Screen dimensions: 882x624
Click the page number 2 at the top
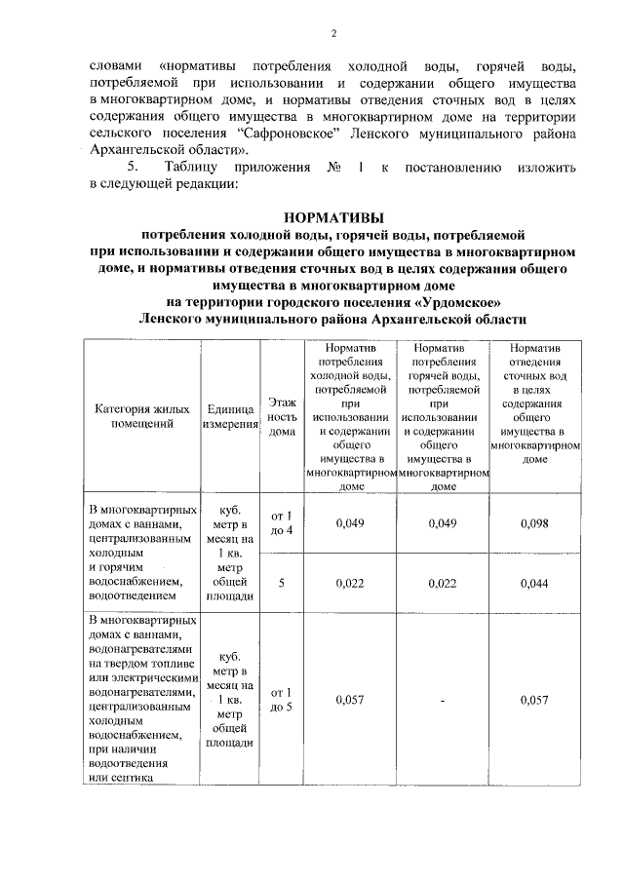pos(333,35)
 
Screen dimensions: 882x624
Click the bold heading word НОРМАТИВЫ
pos(333,217)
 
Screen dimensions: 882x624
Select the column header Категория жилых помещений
pos(141,416)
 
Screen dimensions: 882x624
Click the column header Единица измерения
pos(230,417)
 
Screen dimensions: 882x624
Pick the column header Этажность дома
pos(281,416)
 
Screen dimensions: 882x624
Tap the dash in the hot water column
pos(443,700)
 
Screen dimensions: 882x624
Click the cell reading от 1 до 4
pos(281,523)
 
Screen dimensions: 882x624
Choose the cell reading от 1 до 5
pos(281,700)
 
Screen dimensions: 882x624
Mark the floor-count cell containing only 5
pos(281,583)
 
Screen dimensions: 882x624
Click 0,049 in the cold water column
pos(349,524)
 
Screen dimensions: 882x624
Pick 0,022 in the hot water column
pos(443,583)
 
